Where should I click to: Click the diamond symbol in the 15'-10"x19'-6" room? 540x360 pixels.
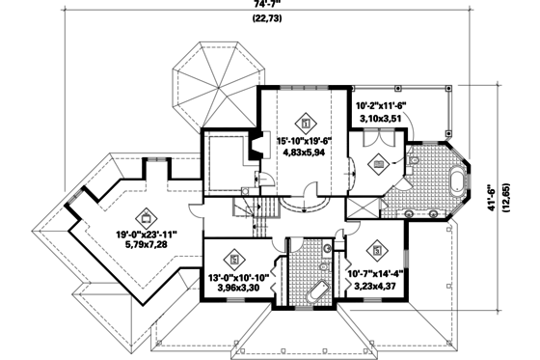[x=306, y=124]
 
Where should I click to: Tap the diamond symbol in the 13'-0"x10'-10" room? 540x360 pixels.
[x=234, y=258]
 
